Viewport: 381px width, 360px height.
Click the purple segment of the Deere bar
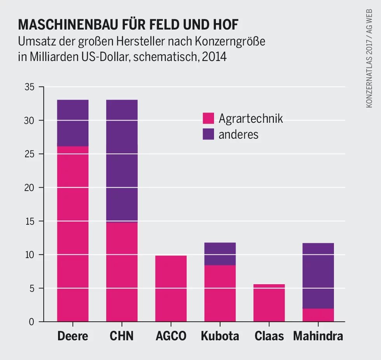tap(73, 123)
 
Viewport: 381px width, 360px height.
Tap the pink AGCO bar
tap(171, 288)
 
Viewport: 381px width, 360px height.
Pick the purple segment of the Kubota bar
tap(220, 254)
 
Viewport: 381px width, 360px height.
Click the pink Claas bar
tap(269, 303)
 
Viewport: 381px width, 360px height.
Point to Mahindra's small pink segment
tap(318, 315)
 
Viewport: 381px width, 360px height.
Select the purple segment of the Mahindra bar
tap(318, 276)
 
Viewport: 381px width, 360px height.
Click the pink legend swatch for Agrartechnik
tap(208, 118)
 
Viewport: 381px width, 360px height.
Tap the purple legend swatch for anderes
tap(208, 134)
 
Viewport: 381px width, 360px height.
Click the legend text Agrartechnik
tap(250, 118)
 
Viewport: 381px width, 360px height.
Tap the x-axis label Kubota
tap(220, 336)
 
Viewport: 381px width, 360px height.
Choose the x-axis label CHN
tap(122, 336)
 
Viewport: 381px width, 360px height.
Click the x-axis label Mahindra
tap(318, 336)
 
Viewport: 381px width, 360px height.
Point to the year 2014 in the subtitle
tap(214, 57)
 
